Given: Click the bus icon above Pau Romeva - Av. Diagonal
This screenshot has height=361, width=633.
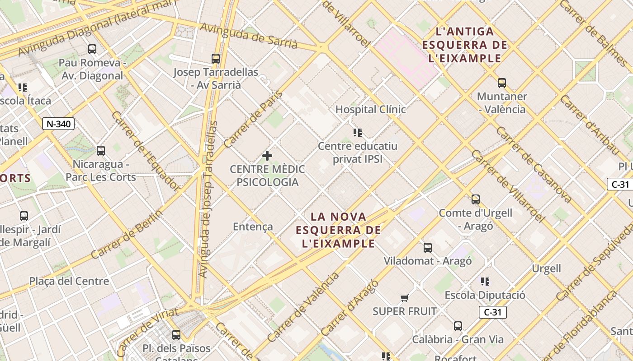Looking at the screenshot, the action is (x=92, y=49).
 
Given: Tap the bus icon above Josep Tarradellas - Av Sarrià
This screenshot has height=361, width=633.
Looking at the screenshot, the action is (x=216, y=58).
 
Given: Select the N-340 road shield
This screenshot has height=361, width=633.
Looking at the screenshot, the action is (x=58, y=124).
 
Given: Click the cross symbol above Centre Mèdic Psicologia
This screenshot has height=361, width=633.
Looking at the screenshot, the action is (x=267, y=156).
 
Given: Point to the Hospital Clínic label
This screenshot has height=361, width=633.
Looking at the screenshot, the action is (x=370, y=110).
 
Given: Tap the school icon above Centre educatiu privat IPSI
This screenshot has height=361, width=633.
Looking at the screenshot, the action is (x=358, y=133).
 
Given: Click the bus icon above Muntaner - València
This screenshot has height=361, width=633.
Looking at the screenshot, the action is (x=502, y=83).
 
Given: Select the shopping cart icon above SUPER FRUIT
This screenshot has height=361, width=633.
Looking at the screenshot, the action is (x=405, y=298).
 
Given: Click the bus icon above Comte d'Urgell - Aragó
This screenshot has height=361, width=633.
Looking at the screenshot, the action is (x=475, y=199).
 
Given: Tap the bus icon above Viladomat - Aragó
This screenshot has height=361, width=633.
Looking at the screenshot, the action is (x=428, y=247).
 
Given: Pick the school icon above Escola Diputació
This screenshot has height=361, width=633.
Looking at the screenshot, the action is (x=485, y=282).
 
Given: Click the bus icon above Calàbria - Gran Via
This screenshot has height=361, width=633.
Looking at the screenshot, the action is (x=458, y=326).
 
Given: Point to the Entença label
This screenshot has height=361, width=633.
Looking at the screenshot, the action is (x=253, y=227).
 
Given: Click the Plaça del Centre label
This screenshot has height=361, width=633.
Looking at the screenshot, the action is (x=69, y=282).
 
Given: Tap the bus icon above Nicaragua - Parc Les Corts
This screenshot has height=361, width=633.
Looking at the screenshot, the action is (x=101, y=151).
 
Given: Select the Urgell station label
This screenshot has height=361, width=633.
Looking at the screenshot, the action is (x=546, y=269).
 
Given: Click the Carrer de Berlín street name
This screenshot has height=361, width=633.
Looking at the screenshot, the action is (x=126, y=235).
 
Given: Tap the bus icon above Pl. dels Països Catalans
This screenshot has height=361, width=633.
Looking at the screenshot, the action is (x=176, y=335).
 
